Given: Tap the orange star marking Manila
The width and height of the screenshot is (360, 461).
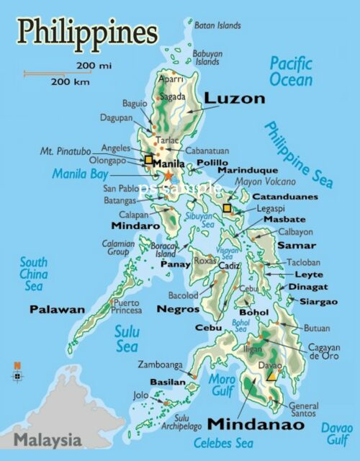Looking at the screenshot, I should (x=169, y=176).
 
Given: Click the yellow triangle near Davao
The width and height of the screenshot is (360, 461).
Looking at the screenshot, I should (x=272, y=374).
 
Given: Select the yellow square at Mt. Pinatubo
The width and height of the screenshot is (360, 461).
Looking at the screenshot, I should (x=149, y=159).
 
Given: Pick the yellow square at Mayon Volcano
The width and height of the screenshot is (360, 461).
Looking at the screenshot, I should (x=227, y=208).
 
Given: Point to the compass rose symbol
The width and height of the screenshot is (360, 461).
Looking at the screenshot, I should (x=17, y=372).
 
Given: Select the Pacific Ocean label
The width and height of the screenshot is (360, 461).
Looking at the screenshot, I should (x=291, y=71).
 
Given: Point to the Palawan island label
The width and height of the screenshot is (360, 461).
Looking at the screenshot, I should (x=57, y=309).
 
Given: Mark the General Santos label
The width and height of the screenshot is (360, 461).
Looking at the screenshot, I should (x=303, y=409).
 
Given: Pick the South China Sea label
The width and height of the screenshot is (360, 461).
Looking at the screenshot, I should (x=33, y=274).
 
